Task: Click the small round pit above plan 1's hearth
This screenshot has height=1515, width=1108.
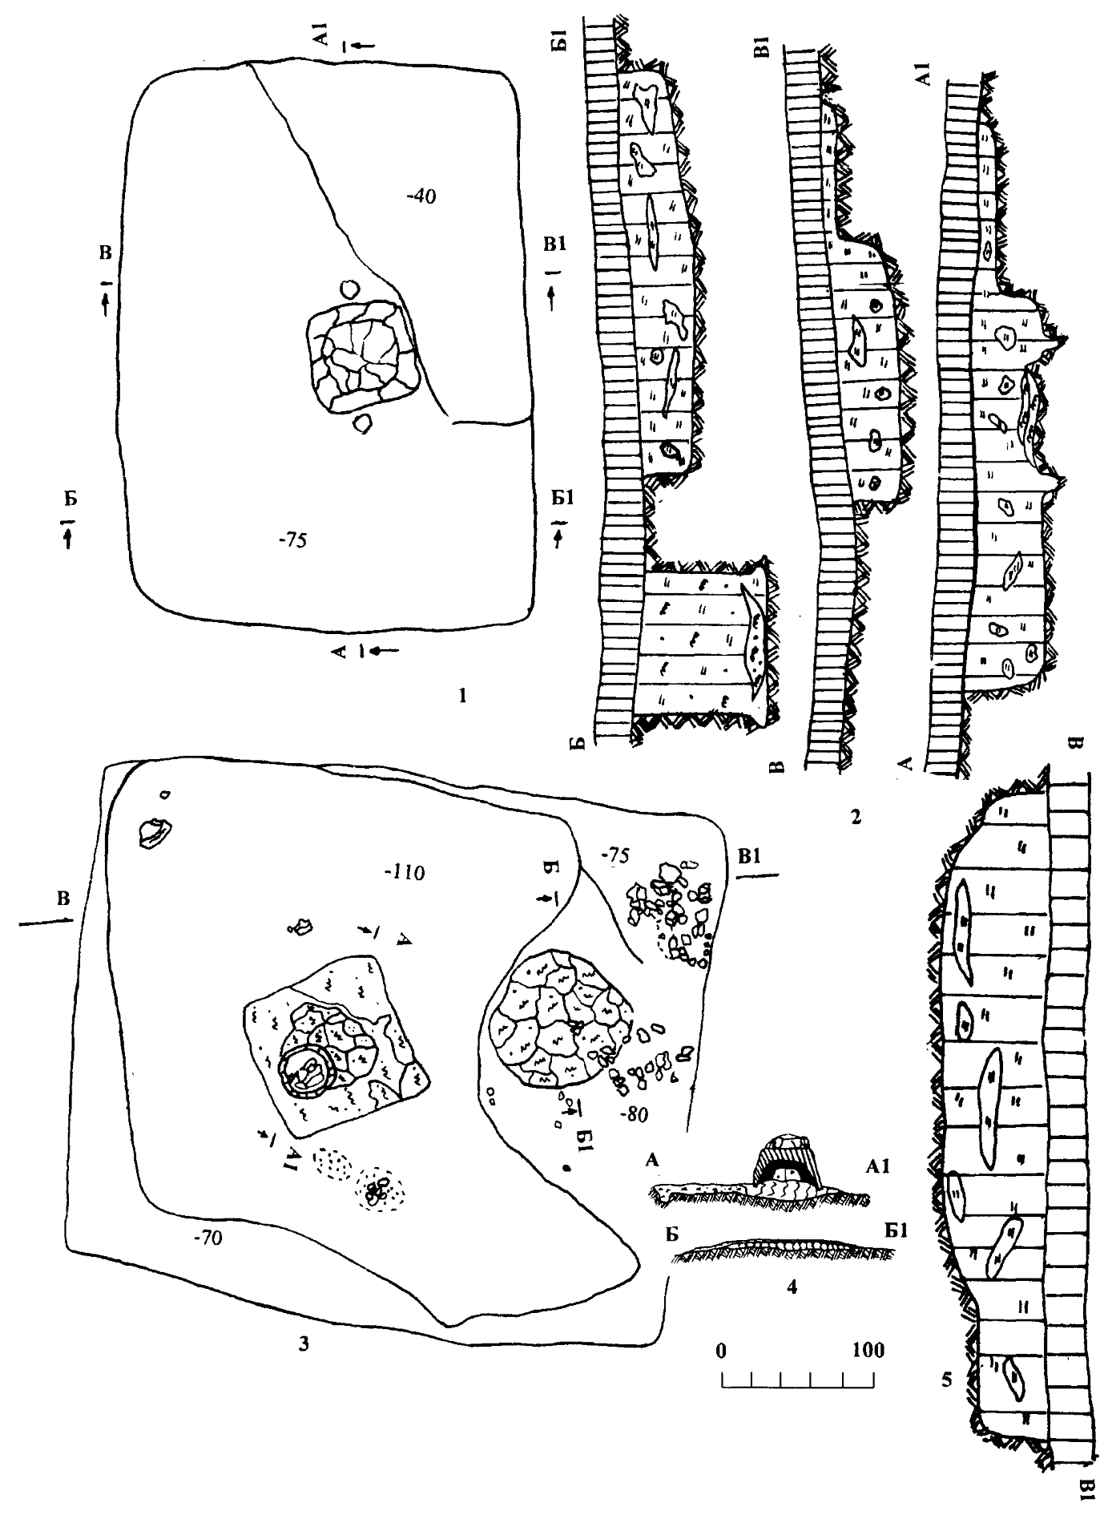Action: [349, 288]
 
